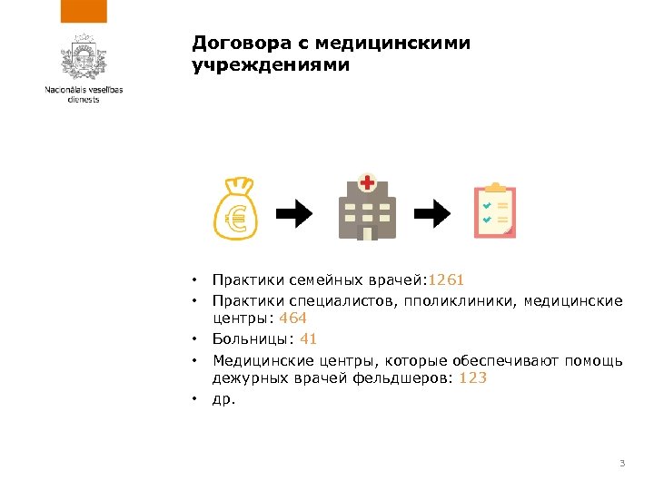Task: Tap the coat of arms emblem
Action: [84, 60]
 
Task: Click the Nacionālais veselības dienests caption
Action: [84, 94]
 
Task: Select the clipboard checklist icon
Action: [495, 211]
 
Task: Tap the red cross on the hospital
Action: [367, 183]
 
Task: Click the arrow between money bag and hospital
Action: [293, 214]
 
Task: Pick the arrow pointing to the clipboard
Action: [433, 214]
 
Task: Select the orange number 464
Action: [292, 318]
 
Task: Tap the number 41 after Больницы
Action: [308, 338]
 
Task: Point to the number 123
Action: [473, 377]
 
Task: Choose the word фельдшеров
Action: [409, 377]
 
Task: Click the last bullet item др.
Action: [223, 397]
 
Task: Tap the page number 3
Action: [621, 465]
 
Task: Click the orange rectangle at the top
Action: [84, 11]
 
